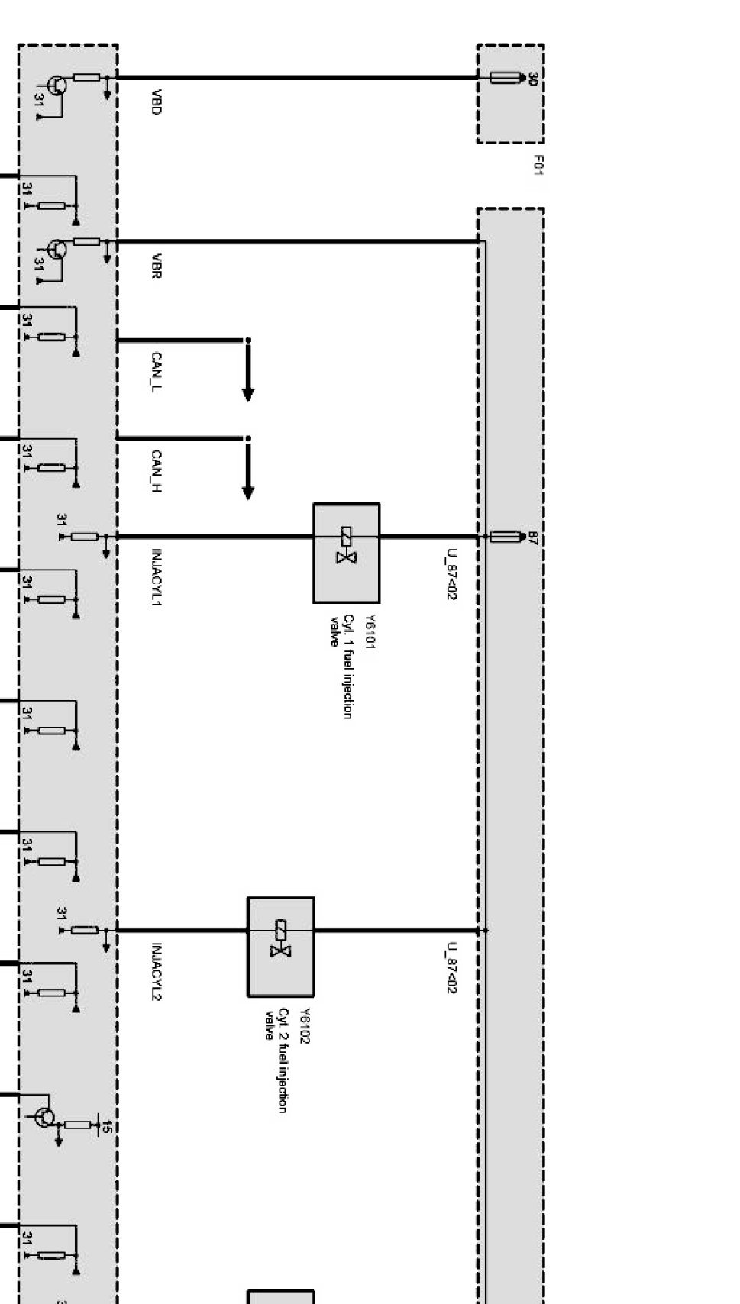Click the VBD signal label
156,102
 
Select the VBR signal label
156,266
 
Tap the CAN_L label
156,373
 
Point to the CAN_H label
156,471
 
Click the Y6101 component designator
370,632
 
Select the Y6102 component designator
305,1026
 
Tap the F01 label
538,165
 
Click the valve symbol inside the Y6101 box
347,545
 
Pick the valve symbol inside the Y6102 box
281,938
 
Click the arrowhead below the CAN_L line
247,394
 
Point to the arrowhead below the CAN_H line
247,492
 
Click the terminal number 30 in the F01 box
532,78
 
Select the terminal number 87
532,537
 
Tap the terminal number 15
107,1127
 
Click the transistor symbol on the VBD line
56,86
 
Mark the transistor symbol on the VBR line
56,249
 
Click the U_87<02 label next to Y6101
451,574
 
